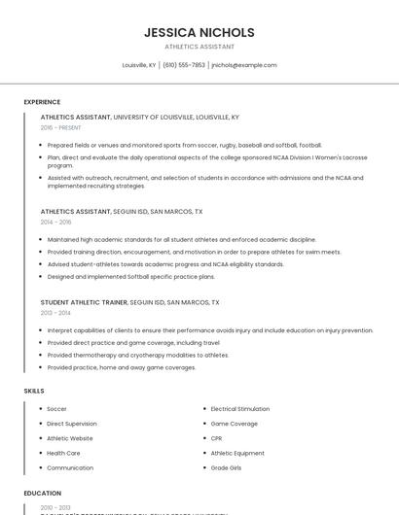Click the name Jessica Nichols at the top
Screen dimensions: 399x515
coord(199,32)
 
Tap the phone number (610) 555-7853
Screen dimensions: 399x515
coord(183,65)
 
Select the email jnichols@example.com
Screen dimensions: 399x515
coord(244,65)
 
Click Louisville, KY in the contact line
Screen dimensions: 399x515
coord(138,65)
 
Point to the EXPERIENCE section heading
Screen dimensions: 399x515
coord(42,102)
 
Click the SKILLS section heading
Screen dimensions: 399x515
coord(34,391)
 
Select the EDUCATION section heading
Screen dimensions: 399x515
coord(43,493)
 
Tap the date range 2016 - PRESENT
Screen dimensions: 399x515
coord(62,127)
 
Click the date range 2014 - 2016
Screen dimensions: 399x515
coord(56,222)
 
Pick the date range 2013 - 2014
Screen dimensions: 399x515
coord(55,313)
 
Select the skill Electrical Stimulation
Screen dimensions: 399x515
coord(239,409)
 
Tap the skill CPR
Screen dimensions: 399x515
coord(216,438)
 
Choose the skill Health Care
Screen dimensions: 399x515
coord(63,453)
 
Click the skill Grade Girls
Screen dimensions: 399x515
coord(226,467)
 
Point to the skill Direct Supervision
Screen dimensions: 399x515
coord(72,424)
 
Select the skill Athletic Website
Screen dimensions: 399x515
coord(70,438)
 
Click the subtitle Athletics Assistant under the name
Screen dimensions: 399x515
coord(199,47)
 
